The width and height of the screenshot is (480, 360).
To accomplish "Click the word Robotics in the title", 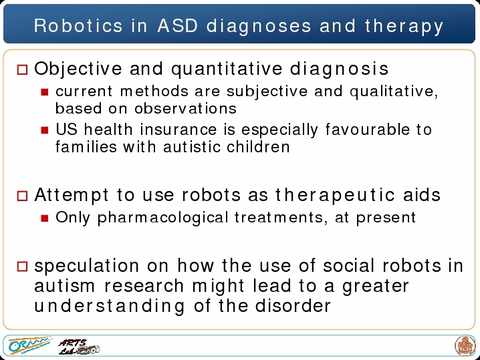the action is tap(78, 25).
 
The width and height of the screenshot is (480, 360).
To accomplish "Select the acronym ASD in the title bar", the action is tap(178, 25).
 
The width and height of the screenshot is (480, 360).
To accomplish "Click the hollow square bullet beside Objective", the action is tap(22, 69).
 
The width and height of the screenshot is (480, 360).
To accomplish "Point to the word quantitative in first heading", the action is tap(227, 69).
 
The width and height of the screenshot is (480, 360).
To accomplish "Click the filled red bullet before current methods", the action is tap(45, 92).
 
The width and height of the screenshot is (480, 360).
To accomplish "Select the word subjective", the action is tap(267, 92).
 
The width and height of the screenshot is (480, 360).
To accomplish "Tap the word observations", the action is tap(185, 108).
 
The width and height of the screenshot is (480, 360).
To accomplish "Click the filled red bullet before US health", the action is tap(45, 130).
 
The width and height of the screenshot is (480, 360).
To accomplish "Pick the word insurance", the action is tap(178, 130).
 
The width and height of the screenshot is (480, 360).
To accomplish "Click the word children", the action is tap(258, 147).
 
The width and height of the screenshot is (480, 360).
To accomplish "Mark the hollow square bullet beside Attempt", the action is tap(22, 196).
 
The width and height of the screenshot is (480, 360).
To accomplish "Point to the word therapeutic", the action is tap(334, 196).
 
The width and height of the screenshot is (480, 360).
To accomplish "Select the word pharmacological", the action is tap(163, 218).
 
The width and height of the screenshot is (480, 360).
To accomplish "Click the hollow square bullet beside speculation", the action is tap(22, 266).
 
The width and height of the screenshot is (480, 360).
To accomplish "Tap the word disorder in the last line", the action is tap(293, 305).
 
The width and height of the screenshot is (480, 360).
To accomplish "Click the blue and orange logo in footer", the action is tap(29, 345).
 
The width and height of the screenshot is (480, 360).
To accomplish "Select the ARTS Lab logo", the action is tap(79, 347).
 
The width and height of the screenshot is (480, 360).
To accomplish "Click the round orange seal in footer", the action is tap(465, 346).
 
